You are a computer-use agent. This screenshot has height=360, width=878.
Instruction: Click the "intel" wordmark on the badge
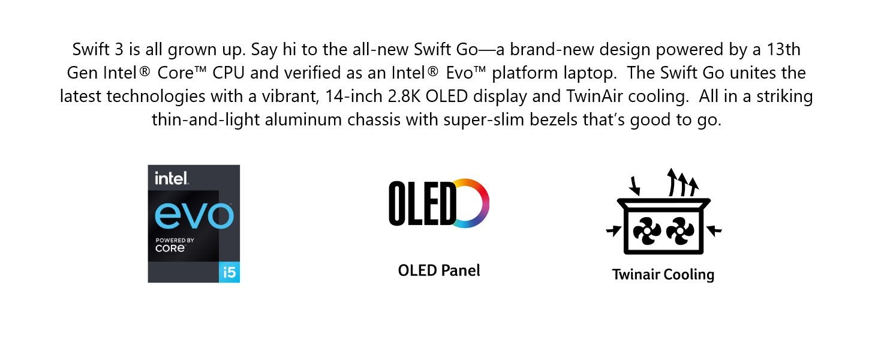[172, 178]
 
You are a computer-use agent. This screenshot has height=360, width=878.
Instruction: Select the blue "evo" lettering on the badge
[194, 215]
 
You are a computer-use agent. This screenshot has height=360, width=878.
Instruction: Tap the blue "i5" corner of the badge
[230, 272]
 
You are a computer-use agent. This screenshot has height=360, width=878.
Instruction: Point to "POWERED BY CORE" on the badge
[172, 244]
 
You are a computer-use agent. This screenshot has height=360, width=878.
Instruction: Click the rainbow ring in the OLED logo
[471, 203]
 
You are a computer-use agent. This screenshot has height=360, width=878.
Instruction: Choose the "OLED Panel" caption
[439, 271]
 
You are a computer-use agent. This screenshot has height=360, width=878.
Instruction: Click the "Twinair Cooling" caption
[663, 275]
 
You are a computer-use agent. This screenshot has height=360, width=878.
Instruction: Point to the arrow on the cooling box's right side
[714, 230]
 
